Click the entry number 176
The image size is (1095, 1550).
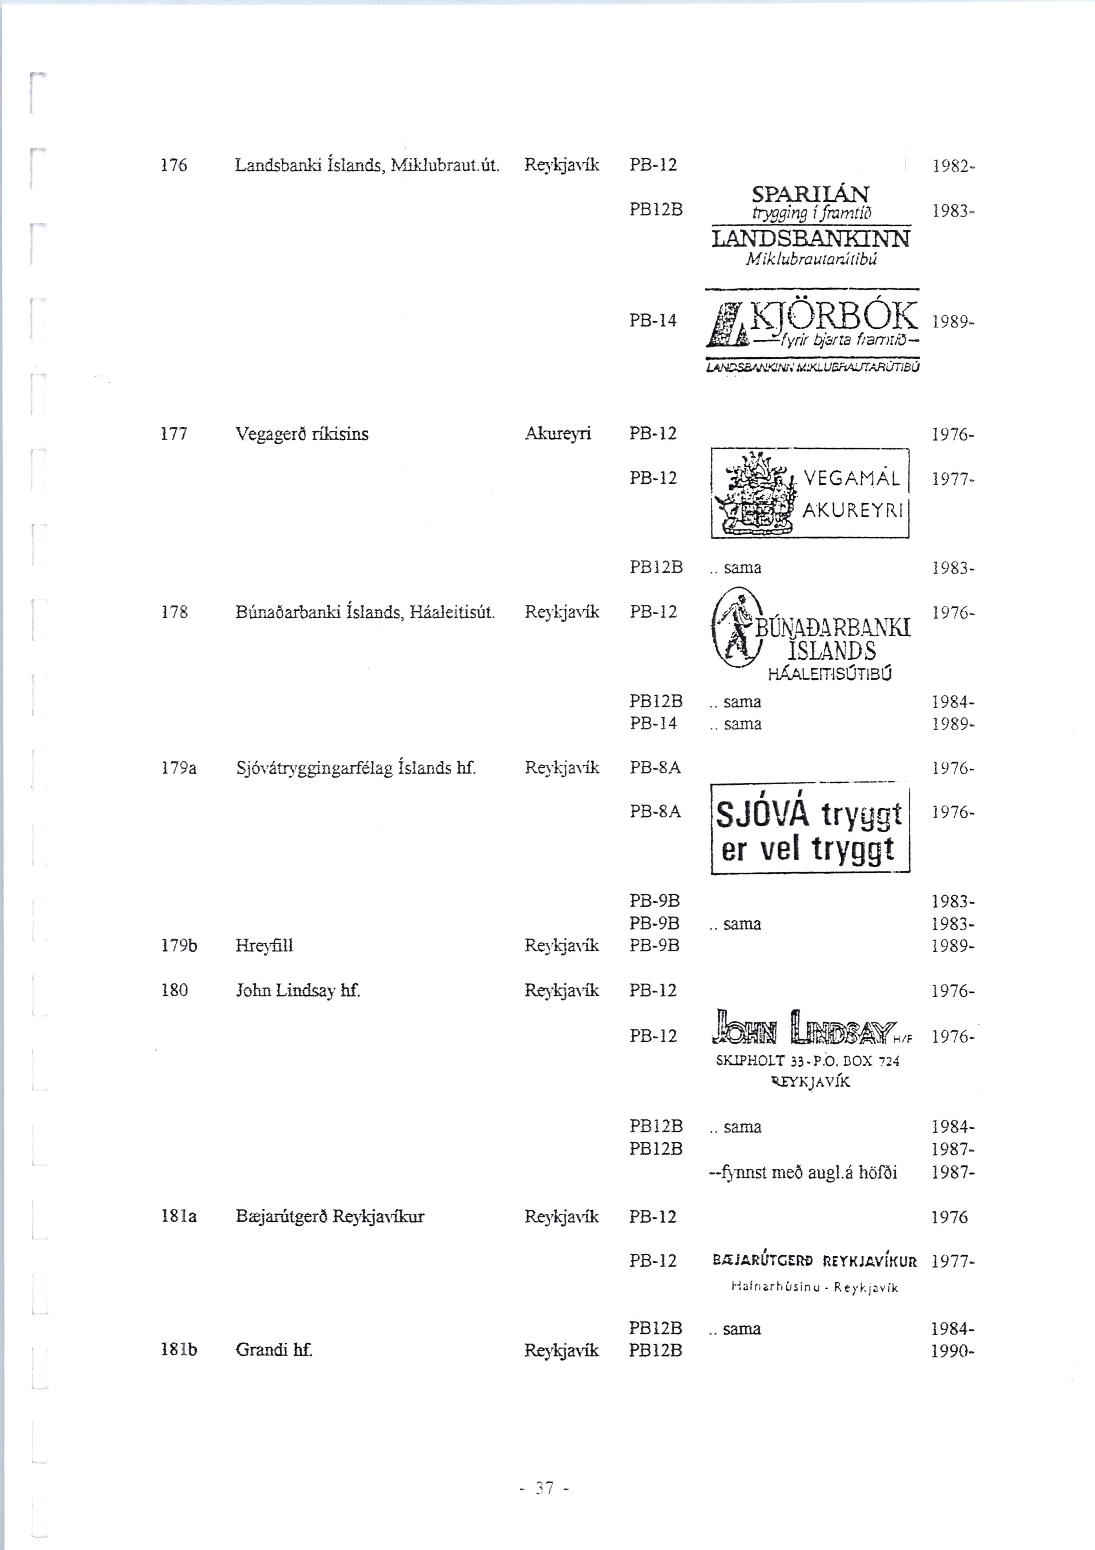point(174,165)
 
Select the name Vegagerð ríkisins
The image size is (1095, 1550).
point(302,434)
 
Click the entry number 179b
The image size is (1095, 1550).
point(179,946)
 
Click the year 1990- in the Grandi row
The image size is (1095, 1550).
point(953,1351)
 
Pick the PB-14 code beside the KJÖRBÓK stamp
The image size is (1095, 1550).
point(653,321)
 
